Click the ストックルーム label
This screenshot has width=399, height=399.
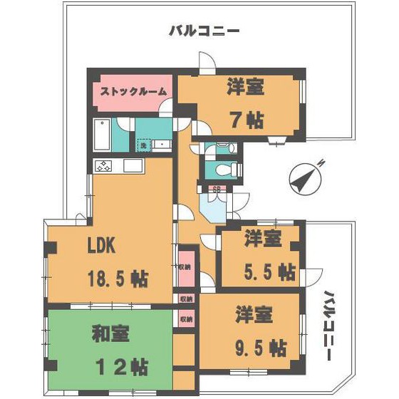pos(133,92)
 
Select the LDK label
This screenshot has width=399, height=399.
pos(101,246)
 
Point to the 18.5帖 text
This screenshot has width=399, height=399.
pos(117,277)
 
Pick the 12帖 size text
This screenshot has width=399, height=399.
pos(122,368)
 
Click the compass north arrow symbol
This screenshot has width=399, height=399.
pos(304,177)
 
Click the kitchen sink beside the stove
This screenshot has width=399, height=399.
pos(133,166)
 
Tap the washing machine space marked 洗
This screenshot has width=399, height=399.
pos(143,145)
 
